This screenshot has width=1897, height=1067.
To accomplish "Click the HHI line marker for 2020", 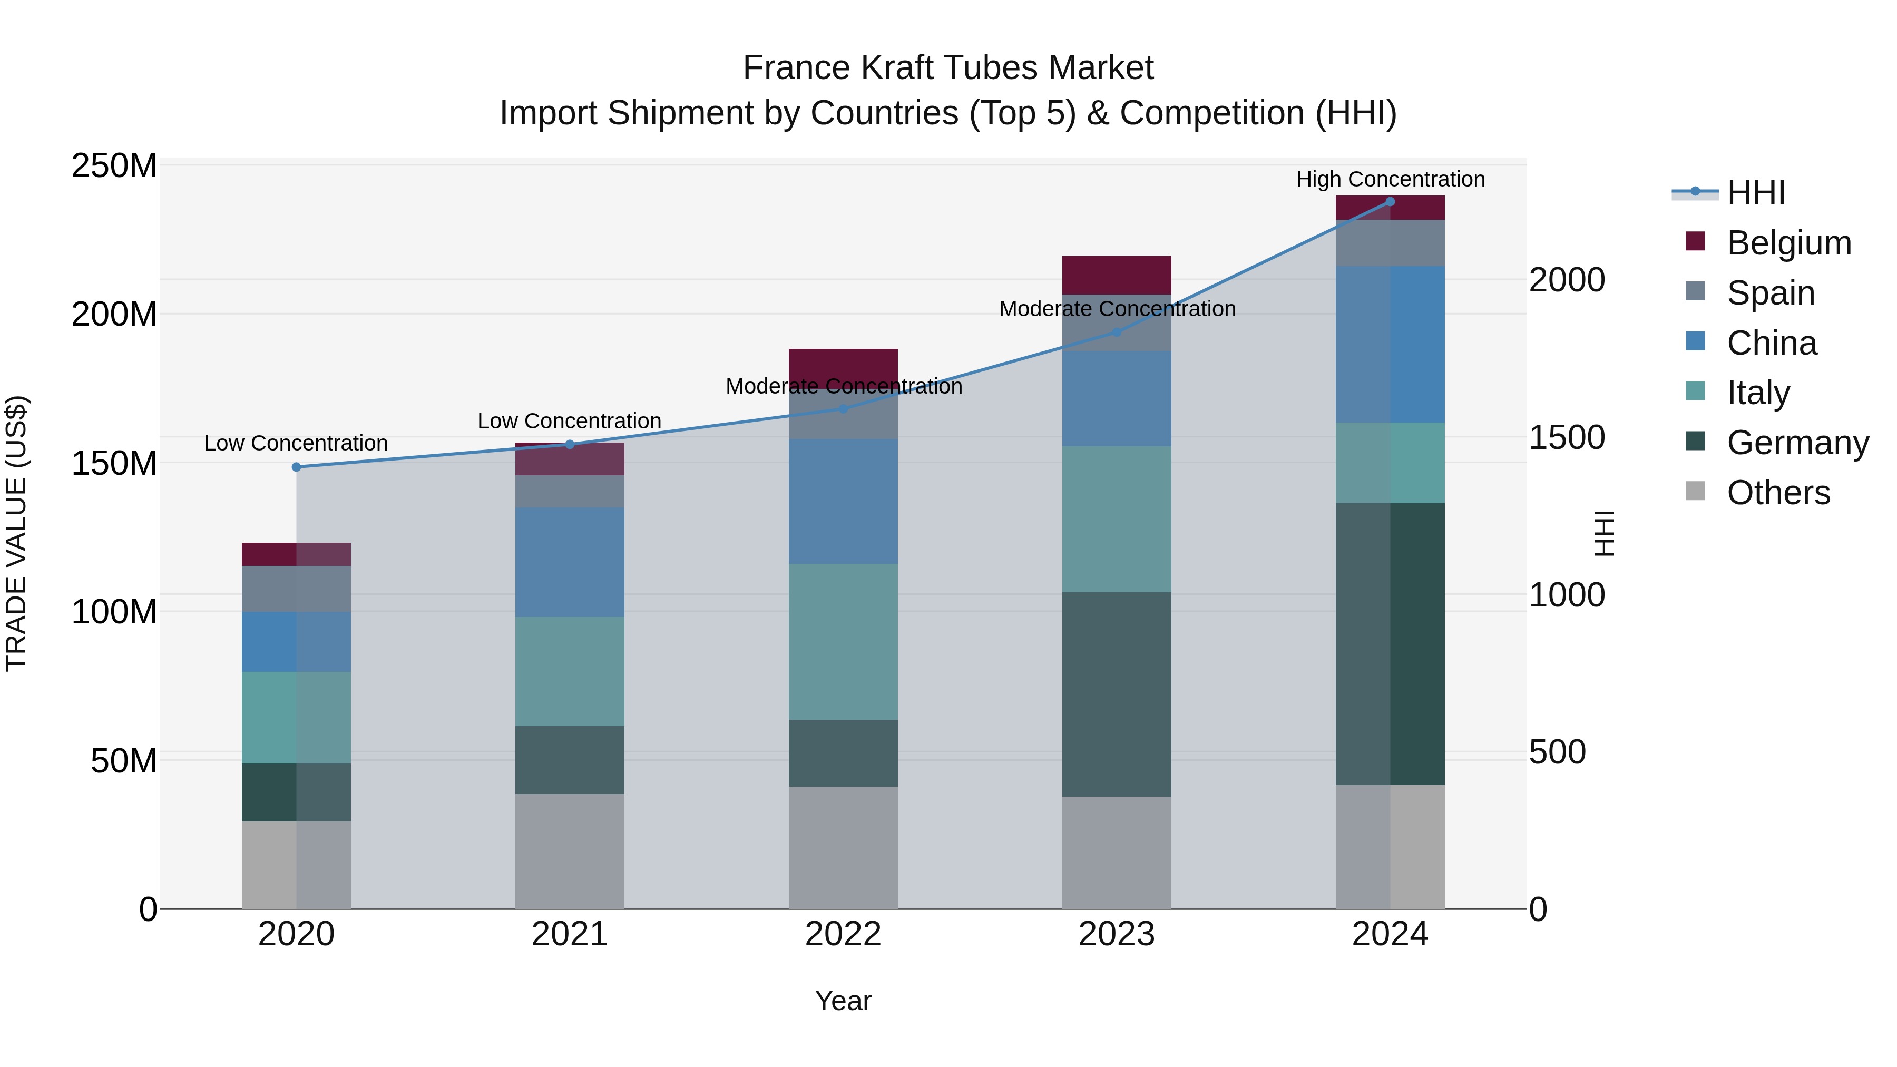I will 296,467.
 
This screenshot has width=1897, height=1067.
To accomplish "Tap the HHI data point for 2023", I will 1117,332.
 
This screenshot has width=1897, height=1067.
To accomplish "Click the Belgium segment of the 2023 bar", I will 1117,275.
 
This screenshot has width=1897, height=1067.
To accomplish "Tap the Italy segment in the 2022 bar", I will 843,641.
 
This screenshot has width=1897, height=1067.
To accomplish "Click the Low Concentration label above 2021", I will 569,420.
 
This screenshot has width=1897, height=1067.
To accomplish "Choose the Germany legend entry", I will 1797,443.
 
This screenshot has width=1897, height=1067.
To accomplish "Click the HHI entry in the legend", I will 1756,193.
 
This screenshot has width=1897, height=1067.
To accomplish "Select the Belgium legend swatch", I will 1695,241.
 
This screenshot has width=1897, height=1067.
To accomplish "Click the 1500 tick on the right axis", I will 1567,437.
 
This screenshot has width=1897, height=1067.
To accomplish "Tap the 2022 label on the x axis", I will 843,934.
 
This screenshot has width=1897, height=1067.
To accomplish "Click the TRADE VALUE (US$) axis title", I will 16,534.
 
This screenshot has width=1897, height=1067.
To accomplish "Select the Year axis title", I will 843,1001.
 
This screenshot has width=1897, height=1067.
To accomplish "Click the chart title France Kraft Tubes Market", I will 948,68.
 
